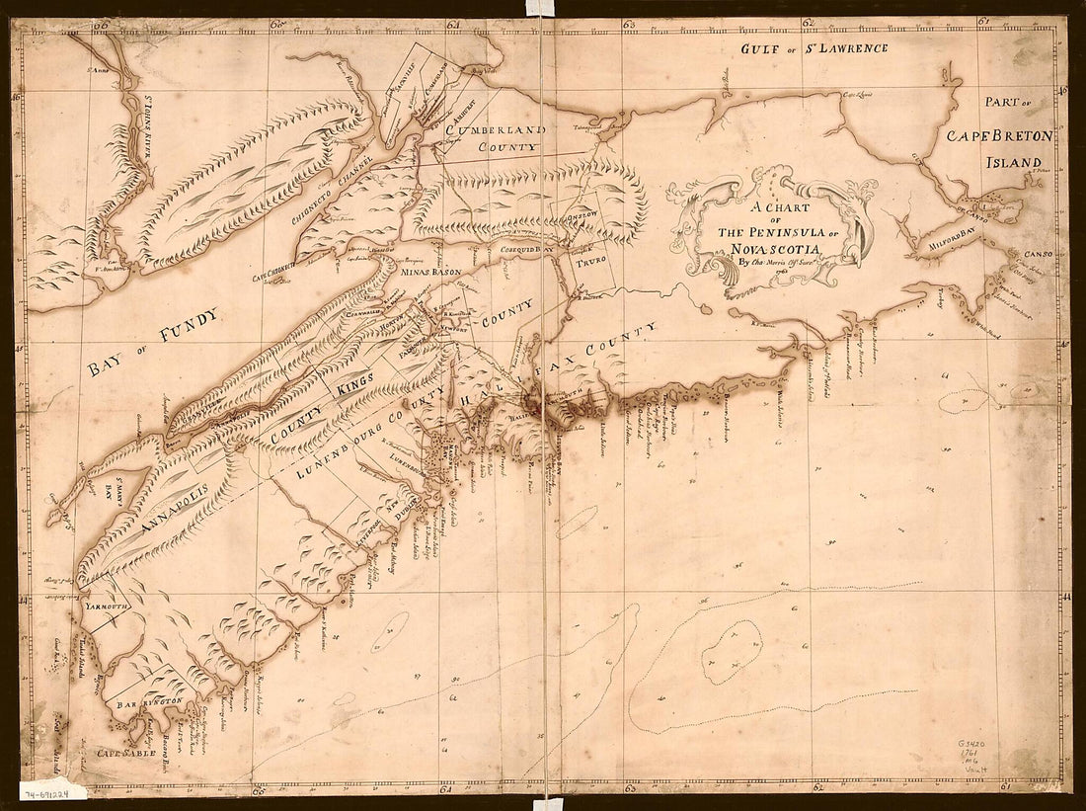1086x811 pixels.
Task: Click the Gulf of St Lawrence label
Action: click(x=814, y=48)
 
